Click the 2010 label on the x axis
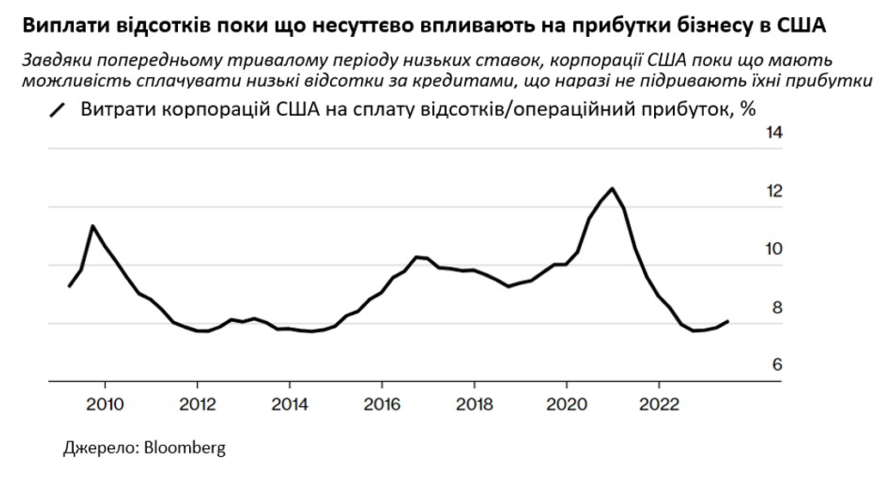point(104,403)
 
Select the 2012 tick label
point(197,403)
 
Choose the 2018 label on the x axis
point(474,403)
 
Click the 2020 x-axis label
point(567,403)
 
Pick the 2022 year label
point(659,403)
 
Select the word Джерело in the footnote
point(95,449)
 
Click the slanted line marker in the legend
point(58,111)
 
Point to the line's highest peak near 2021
point(612,188)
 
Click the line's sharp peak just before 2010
point(93,226)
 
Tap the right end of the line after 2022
point(729,321)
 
